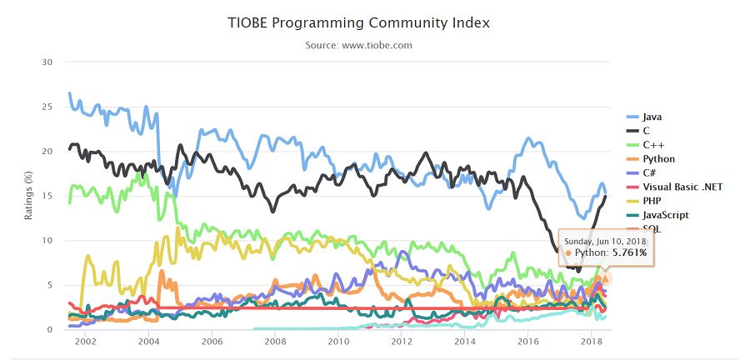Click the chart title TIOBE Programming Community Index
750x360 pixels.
[x=358, y=23]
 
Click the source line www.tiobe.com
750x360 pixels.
[x=358, y=46]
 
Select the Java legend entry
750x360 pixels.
[x=645, y=117]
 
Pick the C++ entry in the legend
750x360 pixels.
[x=645, y=144]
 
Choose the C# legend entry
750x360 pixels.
[x=642, y=172]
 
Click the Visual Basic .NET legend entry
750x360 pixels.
[x=674, y=187]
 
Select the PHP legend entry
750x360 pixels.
[x=644, y=201]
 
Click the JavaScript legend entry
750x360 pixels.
[x=657, y=215]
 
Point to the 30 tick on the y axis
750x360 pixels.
[x=47, y=62]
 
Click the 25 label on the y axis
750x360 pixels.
[x=47, y=107]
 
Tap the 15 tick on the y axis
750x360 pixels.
[x=47, y=196]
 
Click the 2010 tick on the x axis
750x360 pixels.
[x=337, y=342]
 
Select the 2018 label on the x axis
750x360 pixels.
[x=591, y=342]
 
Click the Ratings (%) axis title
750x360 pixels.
[x=28, y=196]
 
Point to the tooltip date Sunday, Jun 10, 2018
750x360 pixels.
[x=605, y=241]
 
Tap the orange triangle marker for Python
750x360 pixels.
[x=606, y=278]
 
